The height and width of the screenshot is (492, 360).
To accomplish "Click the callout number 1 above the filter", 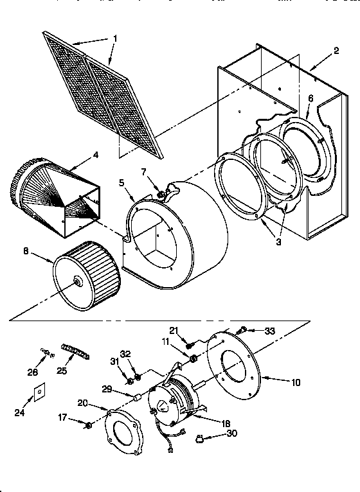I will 114,39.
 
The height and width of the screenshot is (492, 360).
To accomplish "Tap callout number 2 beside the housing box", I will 336,51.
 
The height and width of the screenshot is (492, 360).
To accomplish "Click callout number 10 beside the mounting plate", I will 296,382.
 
